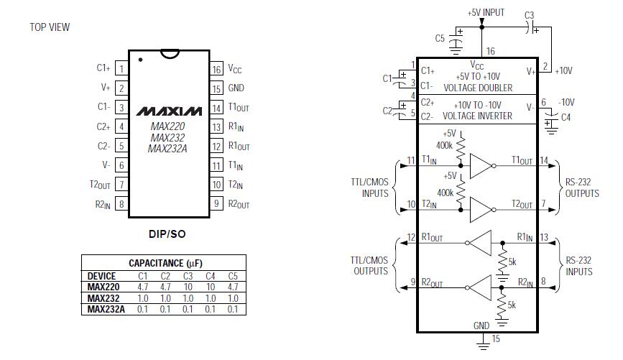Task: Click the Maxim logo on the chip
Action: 169,111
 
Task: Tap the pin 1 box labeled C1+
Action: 121,69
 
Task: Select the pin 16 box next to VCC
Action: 216,70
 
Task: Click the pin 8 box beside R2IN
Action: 121,204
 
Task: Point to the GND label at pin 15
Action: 236,88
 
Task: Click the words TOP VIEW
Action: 50,27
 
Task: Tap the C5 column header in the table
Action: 232,275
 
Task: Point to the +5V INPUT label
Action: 486,12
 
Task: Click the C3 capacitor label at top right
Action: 530,14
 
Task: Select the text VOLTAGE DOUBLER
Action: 478,88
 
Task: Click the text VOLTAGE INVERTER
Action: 477,116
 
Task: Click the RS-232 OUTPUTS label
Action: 581,188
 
